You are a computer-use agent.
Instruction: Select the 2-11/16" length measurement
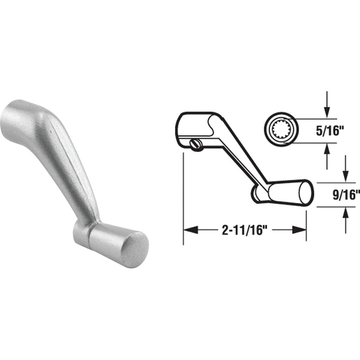coord(245,230)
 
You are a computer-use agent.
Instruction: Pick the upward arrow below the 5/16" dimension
coord(327,156)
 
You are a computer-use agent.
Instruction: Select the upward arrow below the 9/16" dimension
coord(345,220)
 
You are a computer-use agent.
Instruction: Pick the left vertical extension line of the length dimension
coord(183,198)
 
